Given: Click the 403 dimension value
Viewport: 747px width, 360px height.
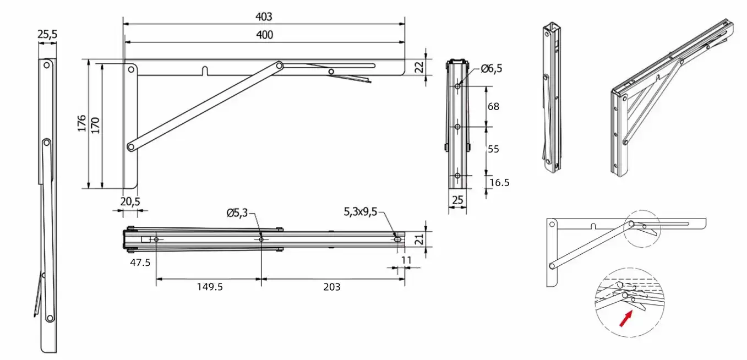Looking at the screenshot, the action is coord(264,17).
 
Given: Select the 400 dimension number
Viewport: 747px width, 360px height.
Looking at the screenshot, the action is coord(264,35).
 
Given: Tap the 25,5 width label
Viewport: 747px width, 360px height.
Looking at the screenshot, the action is coord(47,34).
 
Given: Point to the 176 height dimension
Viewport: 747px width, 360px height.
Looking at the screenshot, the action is coord(81,123).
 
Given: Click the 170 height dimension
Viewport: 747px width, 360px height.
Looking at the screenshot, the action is coord(95,126).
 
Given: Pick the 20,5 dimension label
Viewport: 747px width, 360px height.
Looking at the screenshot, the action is coord(130,201).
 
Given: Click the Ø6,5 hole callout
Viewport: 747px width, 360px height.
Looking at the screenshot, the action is coord(491,69).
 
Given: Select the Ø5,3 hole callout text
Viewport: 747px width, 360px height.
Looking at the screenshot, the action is coord(237,212).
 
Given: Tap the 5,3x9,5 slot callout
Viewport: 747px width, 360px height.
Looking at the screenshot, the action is coord(361,212).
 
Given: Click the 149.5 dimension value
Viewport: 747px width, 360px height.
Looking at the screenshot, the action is coord(210,287).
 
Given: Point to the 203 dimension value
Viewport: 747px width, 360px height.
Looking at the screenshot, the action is coord(332,287).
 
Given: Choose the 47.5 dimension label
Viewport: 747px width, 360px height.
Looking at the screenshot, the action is coord(140,263).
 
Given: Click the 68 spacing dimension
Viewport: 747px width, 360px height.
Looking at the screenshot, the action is coord(494,106).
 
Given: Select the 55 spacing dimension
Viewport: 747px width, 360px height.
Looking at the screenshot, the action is coord(494,149).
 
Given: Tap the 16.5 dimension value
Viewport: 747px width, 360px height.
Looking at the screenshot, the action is coord(499,183).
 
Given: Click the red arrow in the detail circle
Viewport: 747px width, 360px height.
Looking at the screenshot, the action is coord(626,319).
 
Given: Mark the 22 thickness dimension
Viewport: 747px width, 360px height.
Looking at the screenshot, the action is coord(419,67).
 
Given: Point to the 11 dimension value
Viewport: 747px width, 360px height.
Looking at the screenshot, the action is coord(406,260).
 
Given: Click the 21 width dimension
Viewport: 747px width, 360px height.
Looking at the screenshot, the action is coord(419,239).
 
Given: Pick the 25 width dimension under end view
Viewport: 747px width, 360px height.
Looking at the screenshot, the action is coord(457,200).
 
